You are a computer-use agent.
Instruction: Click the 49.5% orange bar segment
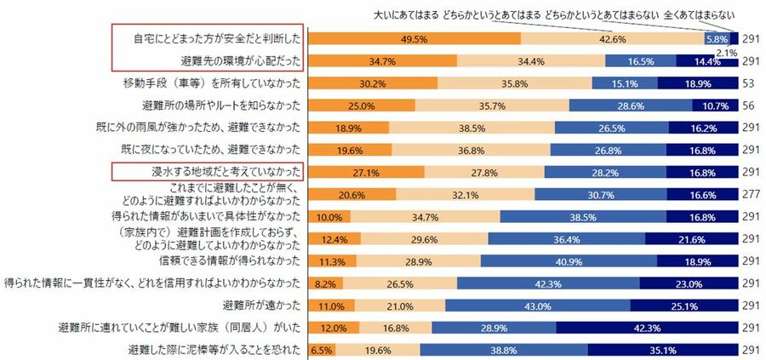(x=414, y=39)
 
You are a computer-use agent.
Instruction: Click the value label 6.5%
(x=321, y=349)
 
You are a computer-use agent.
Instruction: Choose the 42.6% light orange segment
(x=611, y=39)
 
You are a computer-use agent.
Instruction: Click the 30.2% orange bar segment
(x=372, y=83)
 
